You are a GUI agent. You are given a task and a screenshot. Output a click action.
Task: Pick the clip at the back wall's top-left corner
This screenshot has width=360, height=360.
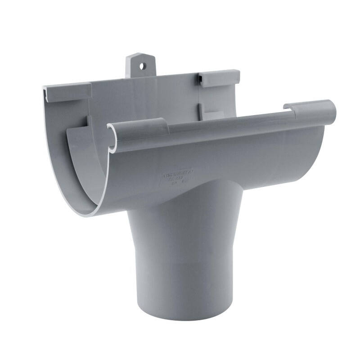tap(67, 92)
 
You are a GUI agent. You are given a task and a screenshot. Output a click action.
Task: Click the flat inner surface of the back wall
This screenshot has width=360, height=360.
tap(144, 99)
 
